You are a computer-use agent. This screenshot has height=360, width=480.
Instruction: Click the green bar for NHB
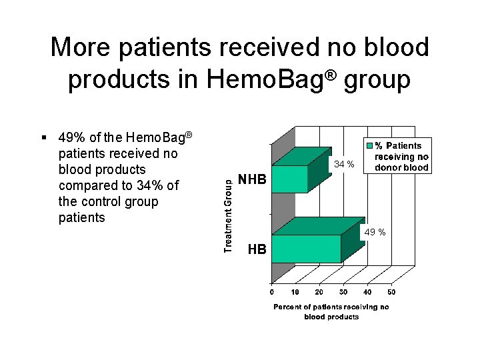tap(289, 179)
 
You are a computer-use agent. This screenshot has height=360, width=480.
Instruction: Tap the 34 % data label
tap(344, 164)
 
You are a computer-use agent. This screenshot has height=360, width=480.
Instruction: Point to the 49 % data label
tap(375, 233)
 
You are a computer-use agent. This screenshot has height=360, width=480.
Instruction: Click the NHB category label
tap(252, 180)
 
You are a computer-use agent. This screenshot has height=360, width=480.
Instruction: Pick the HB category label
tap(257, 250)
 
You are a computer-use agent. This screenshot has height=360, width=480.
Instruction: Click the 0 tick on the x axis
tap(271, 292)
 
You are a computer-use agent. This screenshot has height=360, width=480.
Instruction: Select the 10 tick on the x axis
tap(295, 292)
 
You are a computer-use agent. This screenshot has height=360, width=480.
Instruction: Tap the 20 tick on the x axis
tap(319, 292)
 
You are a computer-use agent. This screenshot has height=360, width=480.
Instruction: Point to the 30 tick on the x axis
tap(343, 292)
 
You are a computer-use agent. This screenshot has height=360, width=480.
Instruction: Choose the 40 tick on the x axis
tap(367, 292)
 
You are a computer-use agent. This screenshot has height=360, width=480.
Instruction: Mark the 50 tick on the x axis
tap(391, 292)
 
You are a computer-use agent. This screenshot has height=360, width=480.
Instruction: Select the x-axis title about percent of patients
tap(331, 311)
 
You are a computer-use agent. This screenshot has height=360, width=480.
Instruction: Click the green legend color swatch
tap(367, 145)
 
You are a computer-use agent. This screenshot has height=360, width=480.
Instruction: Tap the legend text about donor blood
tap(401, 157)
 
